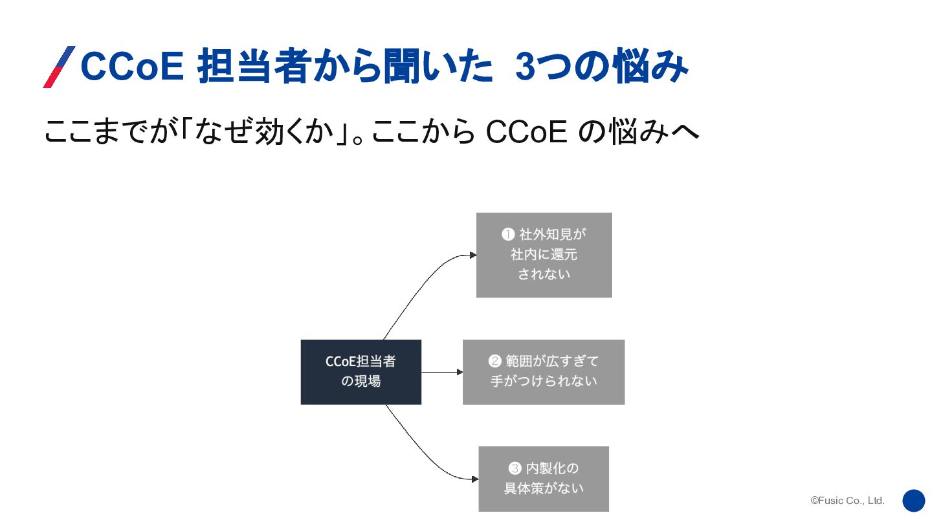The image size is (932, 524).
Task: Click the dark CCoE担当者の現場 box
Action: click(x=361, y=372)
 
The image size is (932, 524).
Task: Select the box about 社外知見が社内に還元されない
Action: click(x=544, y=255)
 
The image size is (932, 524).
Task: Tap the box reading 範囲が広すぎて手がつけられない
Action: click(x=544, y=372)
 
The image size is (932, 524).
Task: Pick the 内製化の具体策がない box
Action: click(x=544, y=479)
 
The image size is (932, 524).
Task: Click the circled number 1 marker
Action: click(x=508, y=234)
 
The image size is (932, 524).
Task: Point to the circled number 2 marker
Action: click(x=495, y=361)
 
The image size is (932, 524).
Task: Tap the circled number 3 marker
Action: click(x=515, y=468)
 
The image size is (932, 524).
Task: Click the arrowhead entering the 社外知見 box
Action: click(x=473, y=256)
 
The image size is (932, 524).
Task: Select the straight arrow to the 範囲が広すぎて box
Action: click(x=442, y=372)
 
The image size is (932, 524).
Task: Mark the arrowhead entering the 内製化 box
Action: click(x=475, y=479)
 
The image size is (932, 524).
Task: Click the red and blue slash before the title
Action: click(x=59, y=67)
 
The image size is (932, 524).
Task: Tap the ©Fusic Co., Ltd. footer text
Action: click(x=847, y=501)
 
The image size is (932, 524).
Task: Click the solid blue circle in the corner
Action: click(x=914, y=501)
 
